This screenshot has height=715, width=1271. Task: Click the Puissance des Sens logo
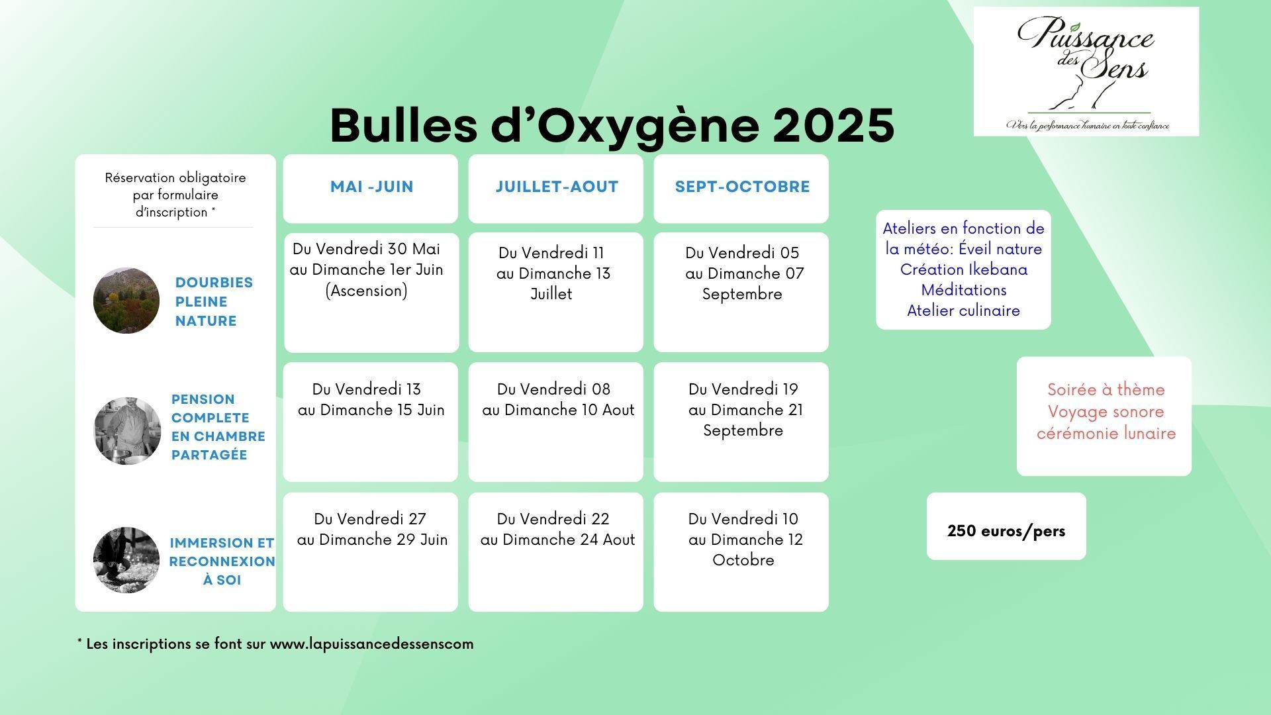(x=1086, y=71)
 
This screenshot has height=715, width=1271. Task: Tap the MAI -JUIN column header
(x=371, y=188)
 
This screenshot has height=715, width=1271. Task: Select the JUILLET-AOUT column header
(x=556, y=188)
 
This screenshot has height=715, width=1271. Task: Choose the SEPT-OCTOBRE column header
(x=741, y=188)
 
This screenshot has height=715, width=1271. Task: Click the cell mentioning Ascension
(x=371, y=293)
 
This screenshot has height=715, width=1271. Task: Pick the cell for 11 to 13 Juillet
(x=556, y=292)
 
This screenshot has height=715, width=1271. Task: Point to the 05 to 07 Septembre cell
(x=741, y=292)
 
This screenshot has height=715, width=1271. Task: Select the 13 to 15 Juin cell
(x=371, y=422)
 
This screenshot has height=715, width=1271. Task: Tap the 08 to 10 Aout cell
(x=556, y=422)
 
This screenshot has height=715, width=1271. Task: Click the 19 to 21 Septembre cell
(x=741, y=422)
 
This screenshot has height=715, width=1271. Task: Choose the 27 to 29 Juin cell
(x=371, y=552)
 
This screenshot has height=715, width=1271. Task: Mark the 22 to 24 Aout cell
(x=556, y=552)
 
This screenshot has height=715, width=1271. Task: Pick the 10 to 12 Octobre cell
(x=741, y=552)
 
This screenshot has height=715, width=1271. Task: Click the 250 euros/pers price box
(x=1006, y=526)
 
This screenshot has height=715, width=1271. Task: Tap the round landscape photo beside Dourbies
(x=126, y=301)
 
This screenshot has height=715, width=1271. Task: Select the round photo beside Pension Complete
(x=127, y=431)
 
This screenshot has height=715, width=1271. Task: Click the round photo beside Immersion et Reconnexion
(x=126, y=560)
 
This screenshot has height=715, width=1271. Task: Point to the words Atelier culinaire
(x=963, y=310)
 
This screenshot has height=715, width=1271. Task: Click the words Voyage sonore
(x=1106, y=412)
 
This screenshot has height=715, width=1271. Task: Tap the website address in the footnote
(x=372, y=644)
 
